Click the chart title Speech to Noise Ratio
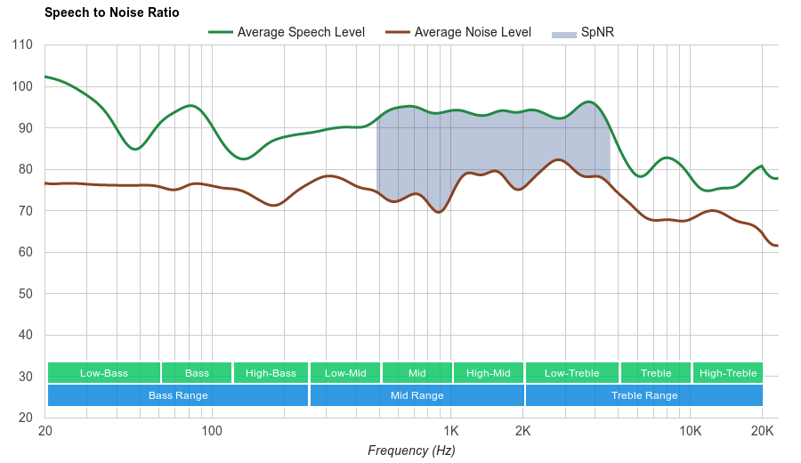111,12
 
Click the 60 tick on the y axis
25,252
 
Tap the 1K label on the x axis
451,432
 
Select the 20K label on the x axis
762,432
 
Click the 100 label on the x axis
212,432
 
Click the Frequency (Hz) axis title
411,451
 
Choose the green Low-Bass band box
104,373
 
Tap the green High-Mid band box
489,373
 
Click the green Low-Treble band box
572,373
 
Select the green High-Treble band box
728,373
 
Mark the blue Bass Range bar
178,395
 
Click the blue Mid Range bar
417,395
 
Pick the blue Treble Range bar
644,395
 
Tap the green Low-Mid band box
345,373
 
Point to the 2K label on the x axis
523,432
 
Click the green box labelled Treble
656,373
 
